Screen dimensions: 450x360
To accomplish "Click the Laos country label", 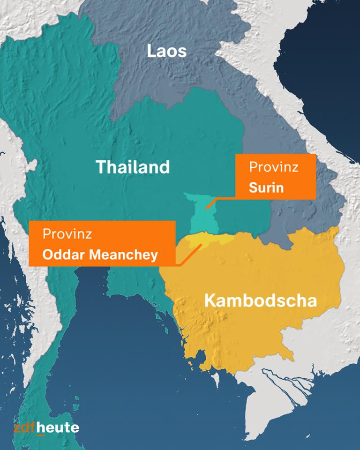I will point(166,51).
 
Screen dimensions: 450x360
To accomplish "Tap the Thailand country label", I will point(132,167).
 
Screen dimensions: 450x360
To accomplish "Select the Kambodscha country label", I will point(260,300).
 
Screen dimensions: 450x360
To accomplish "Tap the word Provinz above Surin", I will point(273,168).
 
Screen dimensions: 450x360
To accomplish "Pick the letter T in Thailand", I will point(101,167).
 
